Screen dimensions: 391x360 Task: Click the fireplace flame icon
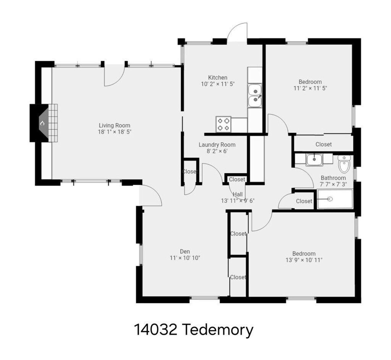(x=42, y=123)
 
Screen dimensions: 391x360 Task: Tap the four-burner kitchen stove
(x=223, y=124)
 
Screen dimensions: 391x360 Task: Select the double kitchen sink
(x=255, y=96)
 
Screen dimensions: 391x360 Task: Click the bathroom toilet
(x=344, y=164)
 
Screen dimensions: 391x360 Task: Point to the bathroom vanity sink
(x=315, y=160)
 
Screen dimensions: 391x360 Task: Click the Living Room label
(x=115, y=125)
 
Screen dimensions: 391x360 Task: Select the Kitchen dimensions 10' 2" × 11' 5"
(x=218, y=84)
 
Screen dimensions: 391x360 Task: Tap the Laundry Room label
(x=217, y=144)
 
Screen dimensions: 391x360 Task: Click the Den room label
(x=185, y=251)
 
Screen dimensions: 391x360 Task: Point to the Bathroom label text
(x=333, y=178)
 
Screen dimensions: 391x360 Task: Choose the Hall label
(x=238, y=194)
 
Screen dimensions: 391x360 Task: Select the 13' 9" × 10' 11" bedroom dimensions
(x=304, y=260)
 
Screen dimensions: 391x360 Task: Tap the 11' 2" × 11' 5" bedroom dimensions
(x=310, y=88)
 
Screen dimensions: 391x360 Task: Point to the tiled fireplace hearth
(x=53, y=123)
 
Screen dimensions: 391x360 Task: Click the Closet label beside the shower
(x=304, y=201)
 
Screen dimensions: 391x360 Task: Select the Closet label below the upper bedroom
(x=323, y=144)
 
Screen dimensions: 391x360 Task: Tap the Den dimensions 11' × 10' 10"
(x=185, y=258)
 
